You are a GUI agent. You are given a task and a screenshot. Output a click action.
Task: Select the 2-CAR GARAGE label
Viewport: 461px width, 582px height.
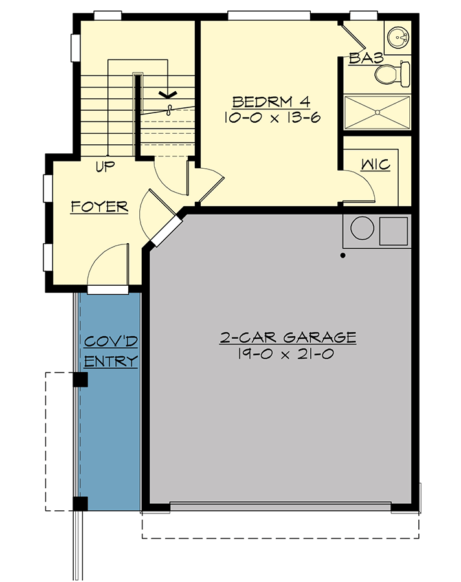(288, 337)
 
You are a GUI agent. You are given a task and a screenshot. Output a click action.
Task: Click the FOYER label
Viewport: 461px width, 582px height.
(99, 207)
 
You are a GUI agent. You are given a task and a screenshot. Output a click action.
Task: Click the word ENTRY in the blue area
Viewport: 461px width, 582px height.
(111, 361)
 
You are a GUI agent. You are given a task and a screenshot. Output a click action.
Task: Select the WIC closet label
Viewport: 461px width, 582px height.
(375, 165)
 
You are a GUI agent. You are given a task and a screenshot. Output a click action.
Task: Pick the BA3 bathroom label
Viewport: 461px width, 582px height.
(366, 59)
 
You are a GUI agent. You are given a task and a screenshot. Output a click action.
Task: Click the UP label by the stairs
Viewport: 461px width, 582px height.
(105, 167)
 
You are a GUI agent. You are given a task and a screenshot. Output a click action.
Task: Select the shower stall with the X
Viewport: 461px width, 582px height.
(377, 114)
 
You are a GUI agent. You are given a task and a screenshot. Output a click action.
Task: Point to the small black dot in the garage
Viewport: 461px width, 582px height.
(343, 255)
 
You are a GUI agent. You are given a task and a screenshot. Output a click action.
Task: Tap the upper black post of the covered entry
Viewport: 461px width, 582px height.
(80, 380)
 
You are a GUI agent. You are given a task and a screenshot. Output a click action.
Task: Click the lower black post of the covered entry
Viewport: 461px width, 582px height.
(80, 503)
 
